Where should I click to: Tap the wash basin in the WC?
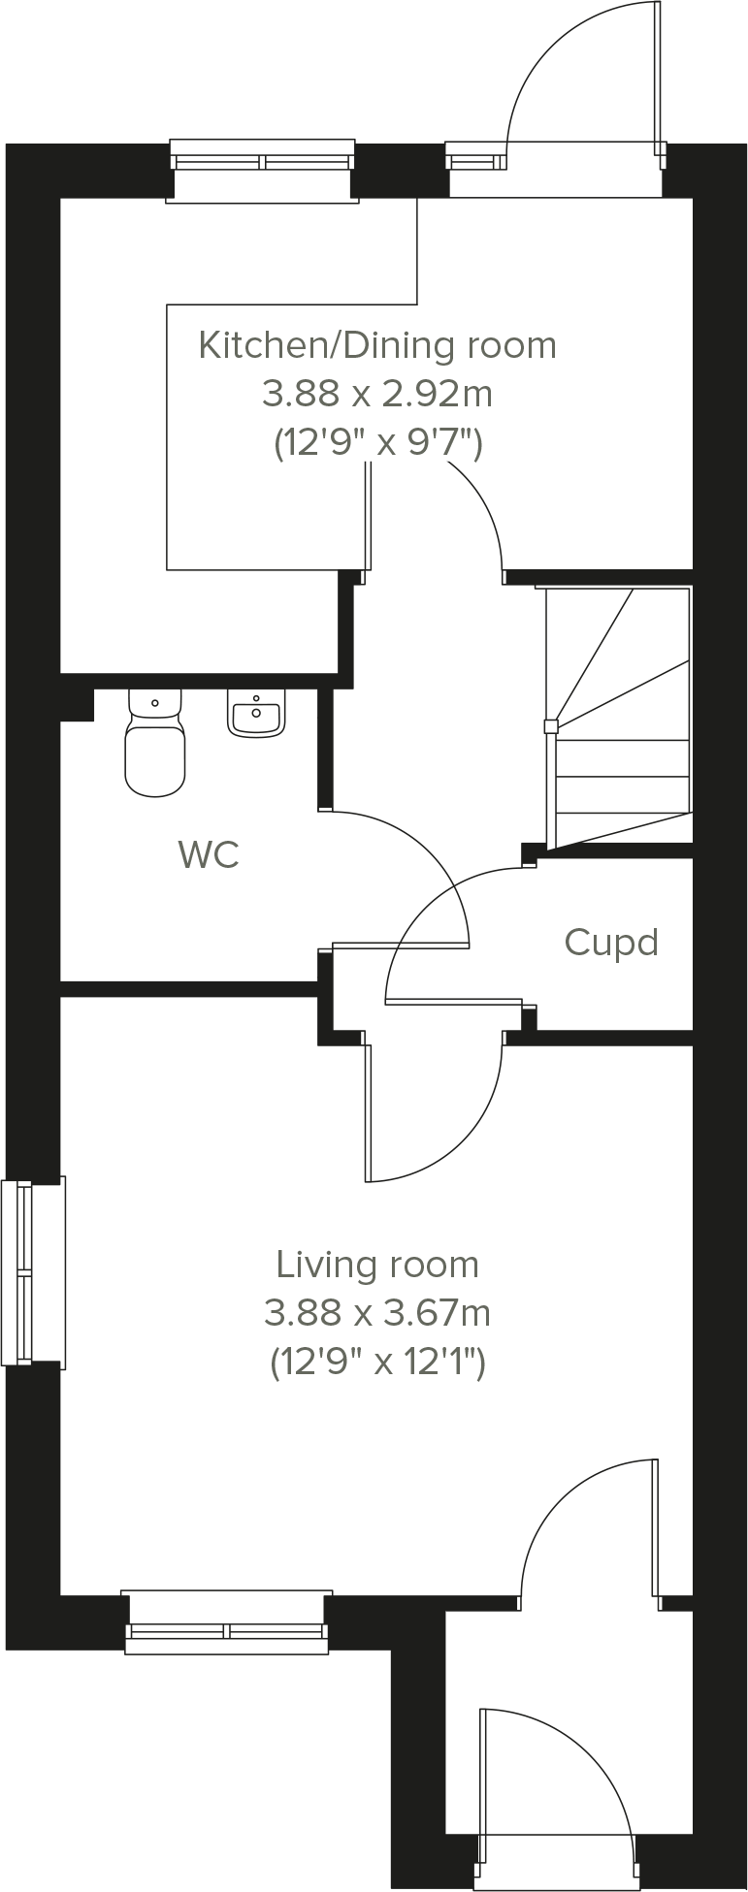click(256, 714)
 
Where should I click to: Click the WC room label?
click(209, 855)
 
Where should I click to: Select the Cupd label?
click(611, 943)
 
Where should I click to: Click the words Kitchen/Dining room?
click(377, 345)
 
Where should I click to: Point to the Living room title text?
click(377, 1265)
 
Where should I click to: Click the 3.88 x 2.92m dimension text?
click(377, 395)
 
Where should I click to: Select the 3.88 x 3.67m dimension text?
click(377, 1313)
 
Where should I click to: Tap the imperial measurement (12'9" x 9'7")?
click(377, 444)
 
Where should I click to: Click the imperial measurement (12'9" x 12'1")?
click(377, 1363)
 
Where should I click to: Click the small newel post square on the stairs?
click(550, 725)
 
